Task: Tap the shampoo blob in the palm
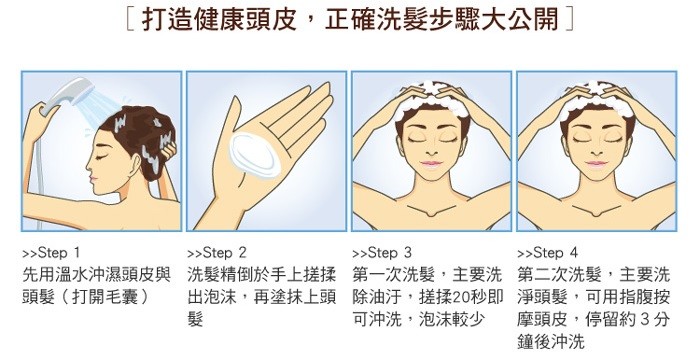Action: [x=254, y=155]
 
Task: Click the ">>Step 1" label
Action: [x=51, y=253]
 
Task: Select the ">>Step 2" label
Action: [x=217, y=253]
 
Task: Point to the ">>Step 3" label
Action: [x=382, y=253]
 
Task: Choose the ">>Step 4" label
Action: [x=547, y=253]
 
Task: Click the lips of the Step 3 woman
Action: [x=431, y=163]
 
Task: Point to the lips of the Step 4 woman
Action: [x=596, y=163]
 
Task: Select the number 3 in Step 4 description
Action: [x=644, y=319]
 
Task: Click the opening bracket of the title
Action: [x=129, y=20]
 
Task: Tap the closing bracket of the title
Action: [x=569, y=20]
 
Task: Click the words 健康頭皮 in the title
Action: [x=245, y=20]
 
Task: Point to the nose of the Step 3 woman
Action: [x=430, y=150]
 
